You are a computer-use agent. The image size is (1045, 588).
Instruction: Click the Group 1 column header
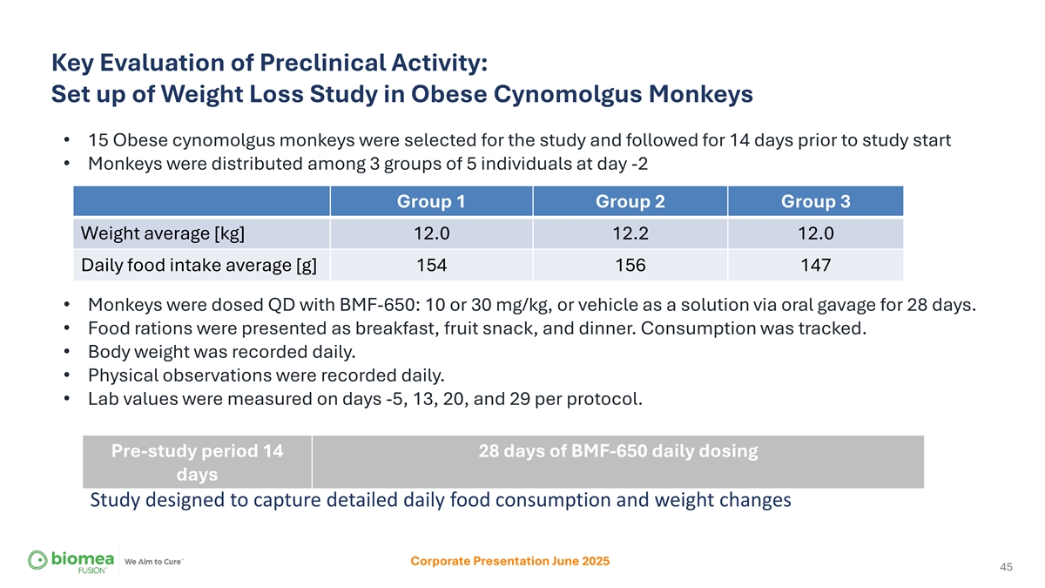pos(431,201)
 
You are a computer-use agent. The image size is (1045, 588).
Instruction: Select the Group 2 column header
pos(630,201)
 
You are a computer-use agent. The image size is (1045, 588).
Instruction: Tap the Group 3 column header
pos(815,201)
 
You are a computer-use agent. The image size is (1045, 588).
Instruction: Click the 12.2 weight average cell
pos(630,233)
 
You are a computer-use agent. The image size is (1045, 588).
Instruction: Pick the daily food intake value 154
pos(432,265)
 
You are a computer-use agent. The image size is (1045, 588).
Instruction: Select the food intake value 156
pos(630,265)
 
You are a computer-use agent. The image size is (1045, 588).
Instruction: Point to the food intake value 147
pos(815,265)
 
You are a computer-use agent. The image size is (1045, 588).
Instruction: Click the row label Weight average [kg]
pos(162,233)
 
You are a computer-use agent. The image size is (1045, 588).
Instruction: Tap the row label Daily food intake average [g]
pos(199,265)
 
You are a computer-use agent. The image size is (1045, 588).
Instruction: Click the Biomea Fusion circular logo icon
pos(37,560)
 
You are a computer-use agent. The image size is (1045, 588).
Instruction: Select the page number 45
pos(1006,566)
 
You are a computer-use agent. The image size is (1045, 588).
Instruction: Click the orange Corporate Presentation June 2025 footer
pos(510,561)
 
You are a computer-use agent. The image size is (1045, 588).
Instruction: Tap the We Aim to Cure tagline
pos(153,561)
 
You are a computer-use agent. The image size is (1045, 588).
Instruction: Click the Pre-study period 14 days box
pos(198,462)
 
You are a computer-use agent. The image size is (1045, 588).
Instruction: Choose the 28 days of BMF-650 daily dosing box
pos(618,462)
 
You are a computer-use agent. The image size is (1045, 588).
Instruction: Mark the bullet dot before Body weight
pos(67,352)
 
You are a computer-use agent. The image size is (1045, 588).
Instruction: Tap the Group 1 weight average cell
pos(432,233)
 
